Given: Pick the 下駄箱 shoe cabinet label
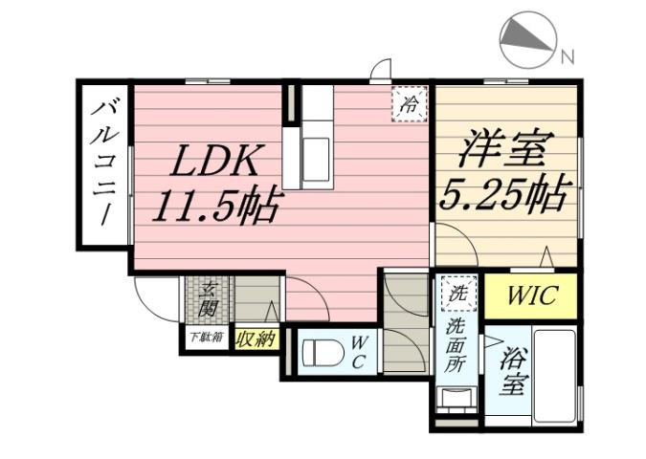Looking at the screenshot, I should [x=205, y=337].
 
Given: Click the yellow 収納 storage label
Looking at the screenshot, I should [x=255, y=339].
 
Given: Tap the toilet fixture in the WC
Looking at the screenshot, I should [x=323, y=353].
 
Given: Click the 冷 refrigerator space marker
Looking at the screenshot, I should [x=410, y=103].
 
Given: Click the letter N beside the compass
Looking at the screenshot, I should [x=568, y=56].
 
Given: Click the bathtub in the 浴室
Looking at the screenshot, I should [x=553, y=375].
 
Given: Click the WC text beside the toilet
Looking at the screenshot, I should [x=359, y=352].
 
